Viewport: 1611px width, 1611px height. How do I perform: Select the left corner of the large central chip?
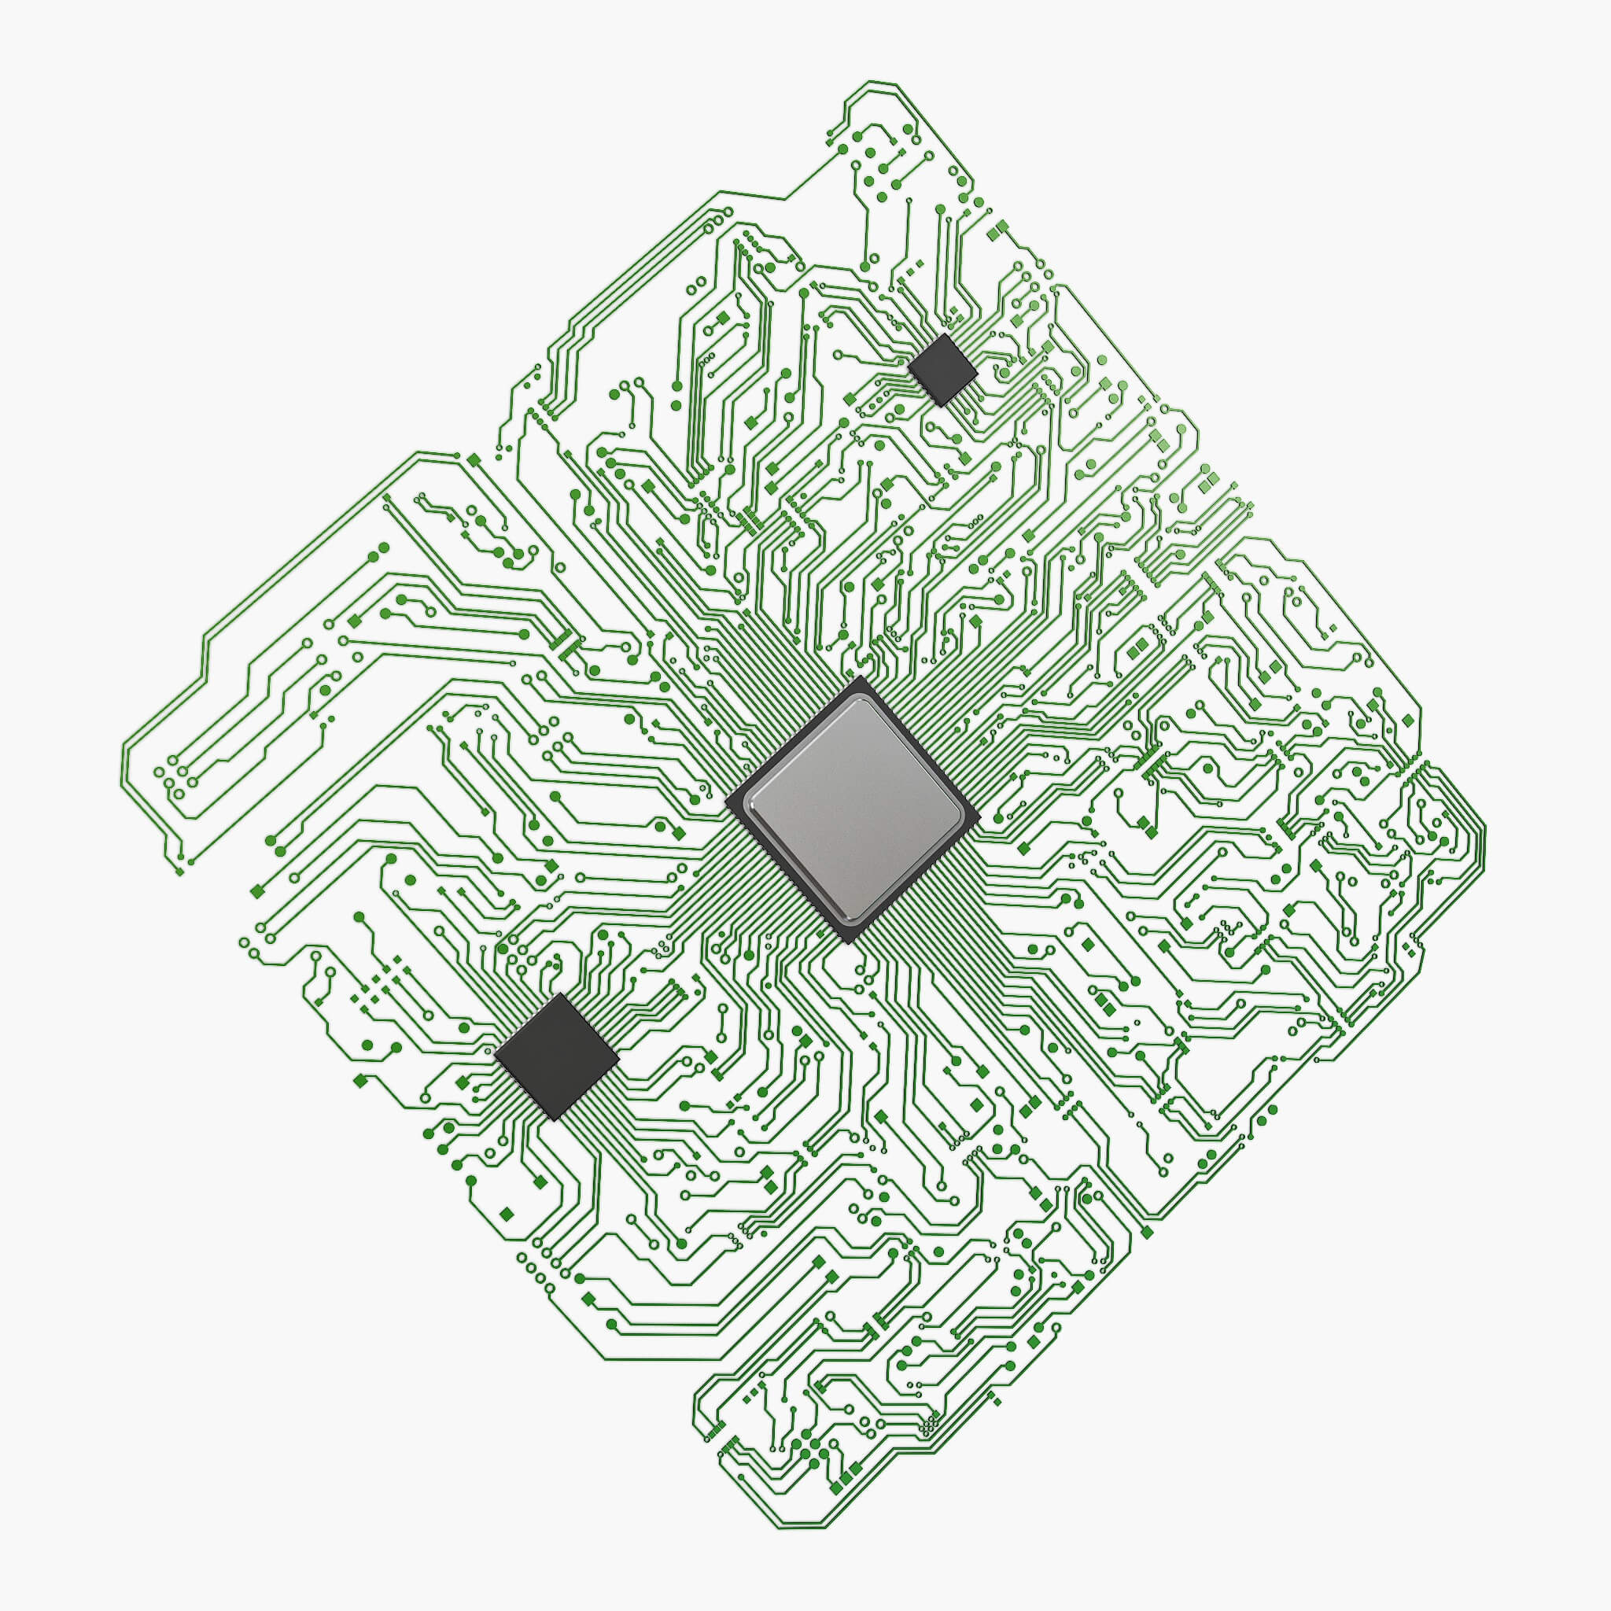click(725, 802)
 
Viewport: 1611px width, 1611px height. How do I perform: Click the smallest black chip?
click(942, 370)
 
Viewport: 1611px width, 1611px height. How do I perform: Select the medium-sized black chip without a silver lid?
click(557, 1056)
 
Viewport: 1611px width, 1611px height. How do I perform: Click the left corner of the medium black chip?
click(495, 1052)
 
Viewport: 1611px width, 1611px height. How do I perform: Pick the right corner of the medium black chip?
click(620, 1061)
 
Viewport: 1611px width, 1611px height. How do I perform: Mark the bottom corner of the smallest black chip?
click(940, 406)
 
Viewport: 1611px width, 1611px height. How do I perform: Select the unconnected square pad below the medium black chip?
click(506, 1212)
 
